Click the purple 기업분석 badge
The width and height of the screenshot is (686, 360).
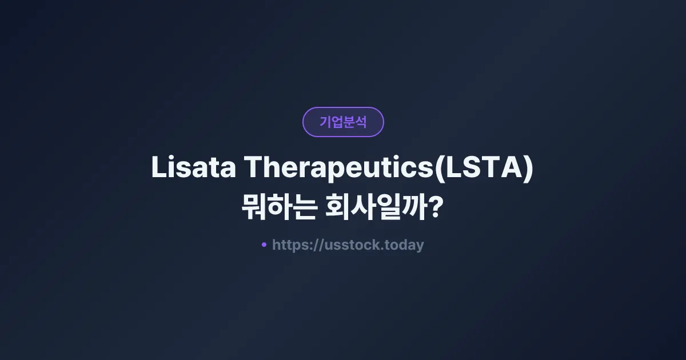(x=343, y=122)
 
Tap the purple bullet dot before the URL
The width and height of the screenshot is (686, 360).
(x=264, y=245)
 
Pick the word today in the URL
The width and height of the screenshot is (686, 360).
(x=405, y=245)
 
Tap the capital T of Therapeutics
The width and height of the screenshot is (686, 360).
(x=253, y=169)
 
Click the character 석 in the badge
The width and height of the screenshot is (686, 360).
(x=361, y=122)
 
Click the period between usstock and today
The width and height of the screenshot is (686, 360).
(x=383, y=249)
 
